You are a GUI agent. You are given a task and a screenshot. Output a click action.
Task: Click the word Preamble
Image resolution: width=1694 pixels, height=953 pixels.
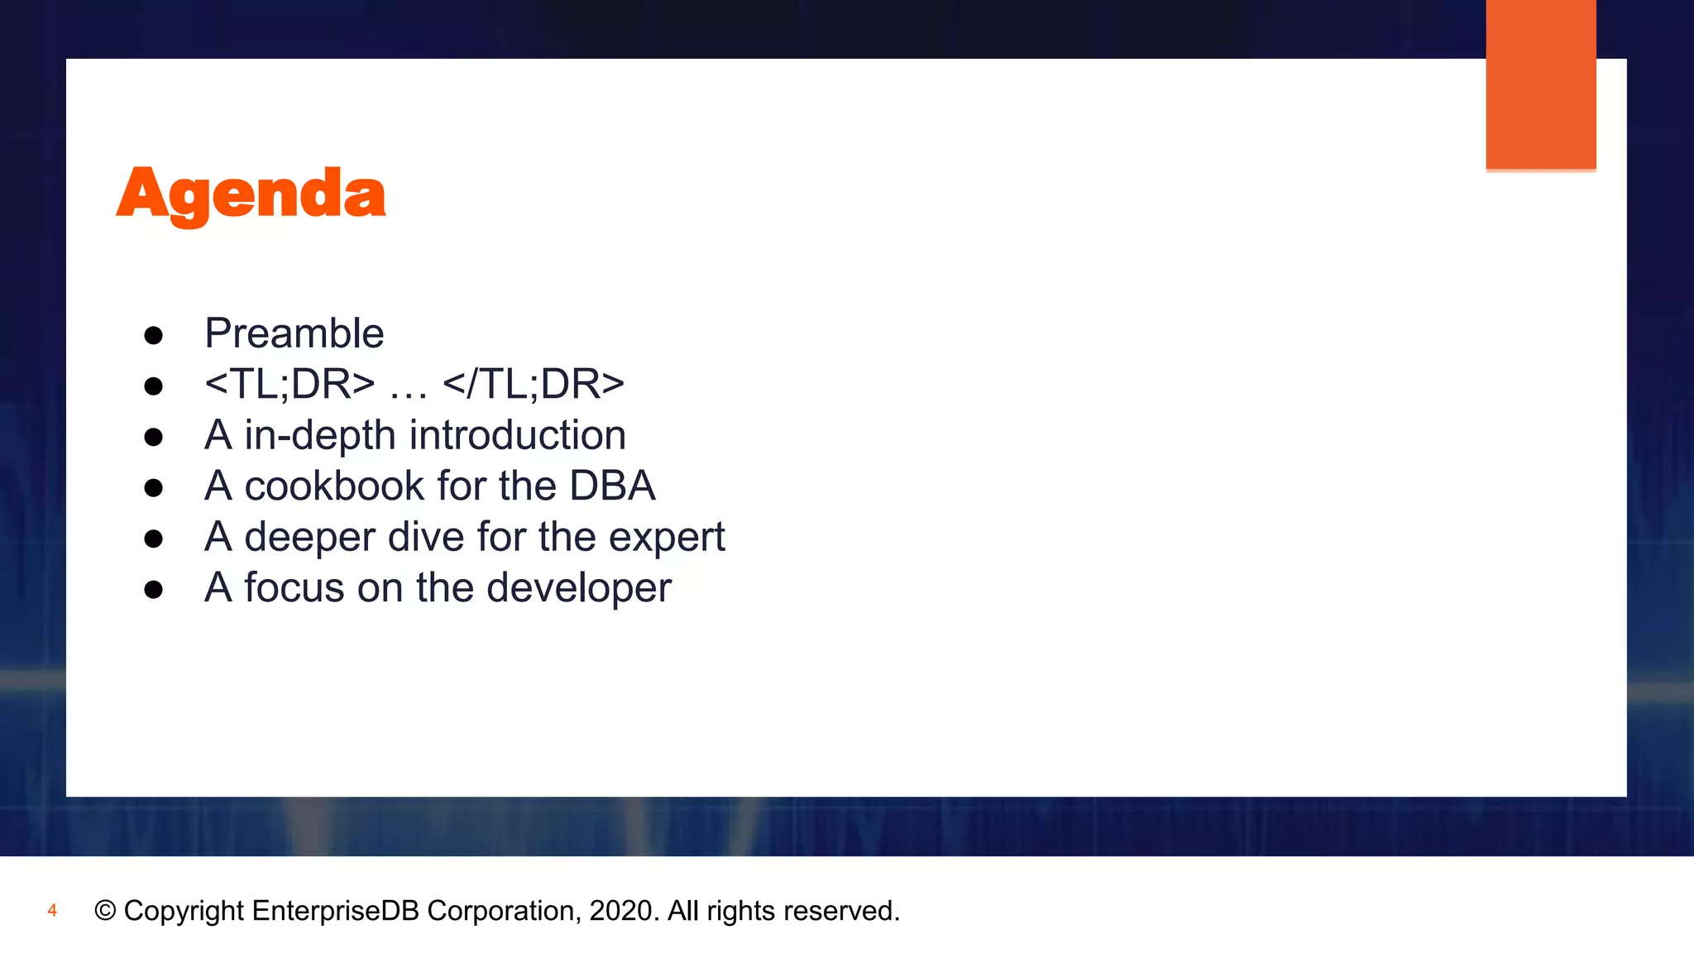point(294,333)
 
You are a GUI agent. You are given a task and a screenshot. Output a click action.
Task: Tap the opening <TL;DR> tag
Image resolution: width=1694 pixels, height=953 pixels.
point(290,384)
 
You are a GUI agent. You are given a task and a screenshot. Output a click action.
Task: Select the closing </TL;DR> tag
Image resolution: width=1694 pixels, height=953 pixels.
point(534,384)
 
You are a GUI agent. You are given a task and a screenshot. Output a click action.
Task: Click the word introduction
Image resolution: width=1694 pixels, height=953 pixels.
point(518,435)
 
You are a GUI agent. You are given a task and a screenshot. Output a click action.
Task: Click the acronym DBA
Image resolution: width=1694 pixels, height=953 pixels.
point(612,486)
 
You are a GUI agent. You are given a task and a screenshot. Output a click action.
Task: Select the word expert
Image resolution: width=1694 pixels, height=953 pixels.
point(667,539)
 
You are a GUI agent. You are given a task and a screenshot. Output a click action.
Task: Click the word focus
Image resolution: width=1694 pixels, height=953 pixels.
point(294,587)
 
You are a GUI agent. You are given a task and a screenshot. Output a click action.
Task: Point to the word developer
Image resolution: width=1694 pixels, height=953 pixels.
point(578,589)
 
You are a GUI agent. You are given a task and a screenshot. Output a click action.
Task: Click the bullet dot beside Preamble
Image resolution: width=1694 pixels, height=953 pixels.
point(153,336)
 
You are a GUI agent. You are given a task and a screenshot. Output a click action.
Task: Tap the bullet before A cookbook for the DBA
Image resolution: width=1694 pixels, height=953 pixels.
point(153,488)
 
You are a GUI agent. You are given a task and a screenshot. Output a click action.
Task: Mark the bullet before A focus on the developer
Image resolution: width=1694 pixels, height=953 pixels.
point(153,590)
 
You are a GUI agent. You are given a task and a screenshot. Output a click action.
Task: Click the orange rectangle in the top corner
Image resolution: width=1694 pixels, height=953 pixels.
point(1540,84)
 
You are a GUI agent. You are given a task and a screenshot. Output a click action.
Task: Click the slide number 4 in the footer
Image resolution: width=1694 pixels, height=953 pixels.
point(52,911)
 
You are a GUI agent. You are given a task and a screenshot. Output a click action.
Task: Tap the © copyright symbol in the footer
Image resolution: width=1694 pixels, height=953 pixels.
point(105,911)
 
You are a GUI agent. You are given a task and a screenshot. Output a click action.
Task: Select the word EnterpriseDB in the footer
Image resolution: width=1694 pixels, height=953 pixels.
point(335,911)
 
